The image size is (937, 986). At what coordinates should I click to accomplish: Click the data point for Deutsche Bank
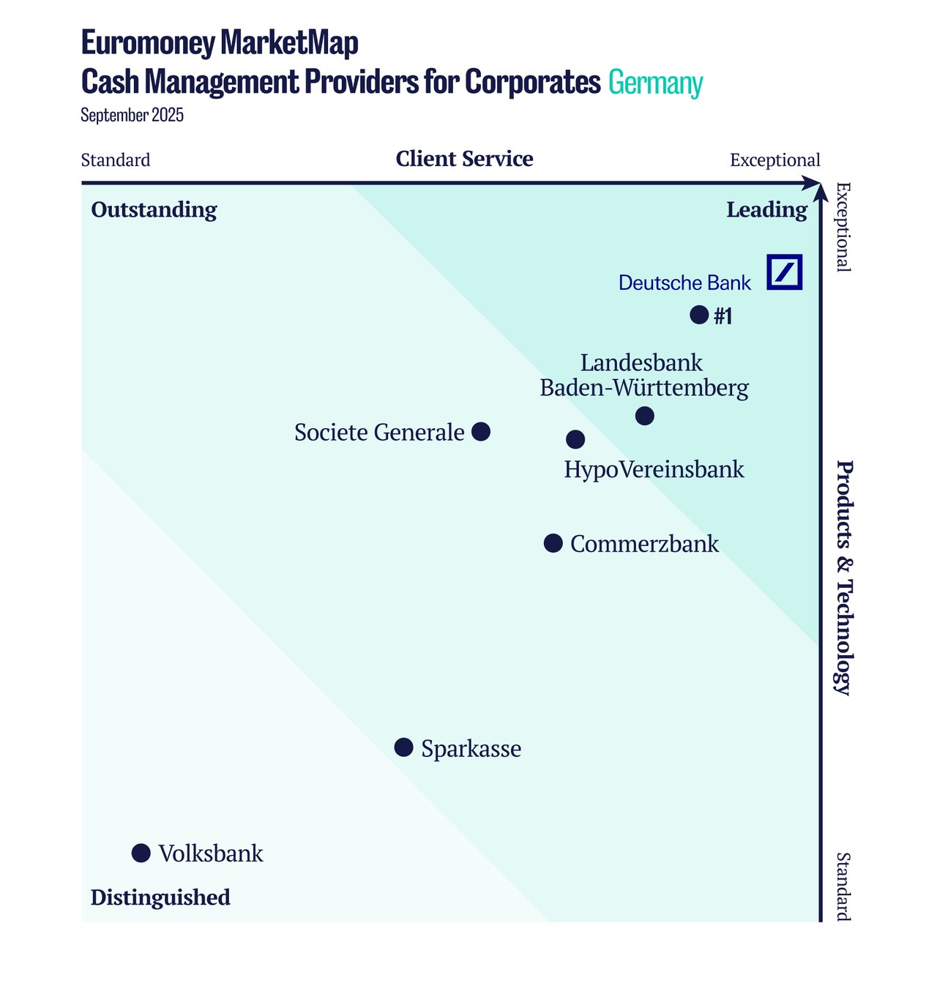pyautogui.click(x=699, y=315)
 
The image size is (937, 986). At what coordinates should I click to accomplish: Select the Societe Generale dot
pyautogui.click(x=481, y=432)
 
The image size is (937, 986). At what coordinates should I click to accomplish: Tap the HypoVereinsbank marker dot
pyautogui.click(x=575, y=439)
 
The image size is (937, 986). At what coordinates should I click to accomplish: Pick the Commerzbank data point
pyautogui.click(x=553, y=543)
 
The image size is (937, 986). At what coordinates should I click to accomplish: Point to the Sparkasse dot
pyautogui.click(x=403, y=747)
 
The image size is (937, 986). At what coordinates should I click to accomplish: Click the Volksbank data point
pyautogui.click(x=141, y=853)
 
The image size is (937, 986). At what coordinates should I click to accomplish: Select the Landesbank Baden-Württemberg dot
pyautogui.click(x=644, y=416)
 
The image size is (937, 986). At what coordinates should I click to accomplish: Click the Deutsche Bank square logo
pyautogui.click(x=785, y=272)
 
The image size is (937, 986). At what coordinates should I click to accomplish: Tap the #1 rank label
pyautogui.click(x=723, y=316)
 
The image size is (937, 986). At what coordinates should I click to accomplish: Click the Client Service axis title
pyautogui.click(x=464, y=159)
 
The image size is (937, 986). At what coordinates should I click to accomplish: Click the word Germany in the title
pyautogui.click(x=655, y=83)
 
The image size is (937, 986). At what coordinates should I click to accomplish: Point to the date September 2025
pyautogui.click(x=132, y=116)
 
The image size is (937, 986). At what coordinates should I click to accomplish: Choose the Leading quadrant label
pyautogui.click(x=766, y=210)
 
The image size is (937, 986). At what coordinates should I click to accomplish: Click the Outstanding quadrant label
pyautogui.click(x=154, y=210)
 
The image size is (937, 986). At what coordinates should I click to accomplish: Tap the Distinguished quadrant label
pyautogui.click(x=160, y=897)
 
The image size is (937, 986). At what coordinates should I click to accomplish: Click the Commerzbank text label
pyautogui.click(x=644, y=544)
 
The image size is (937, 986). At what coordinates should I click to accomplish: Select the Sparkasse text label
pyautogui.click(x=471, y=749)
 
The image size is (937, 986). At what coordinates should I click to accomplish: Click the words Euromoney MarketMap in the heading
pyautogui.click(x=220, y=43)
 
